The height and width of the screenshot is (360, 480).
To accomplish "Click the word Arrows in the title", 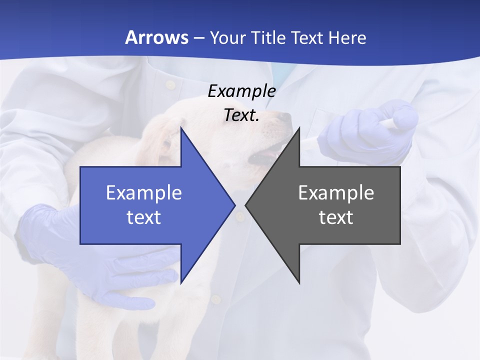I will pos(156,37).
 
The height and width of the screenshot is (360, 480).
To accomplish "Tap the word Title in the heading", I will pos(268,37).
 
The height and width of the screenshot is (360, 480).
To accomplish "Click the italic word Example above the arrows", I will pos(241,91).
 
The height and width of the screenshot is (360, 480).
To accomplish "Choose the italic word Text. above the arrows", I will pos(241,115).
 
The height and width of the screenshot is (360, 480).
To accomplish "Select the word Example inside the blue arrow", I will pos(144,193).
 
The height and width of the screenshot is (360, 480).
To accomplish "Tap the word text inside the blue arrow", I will pos(144,217).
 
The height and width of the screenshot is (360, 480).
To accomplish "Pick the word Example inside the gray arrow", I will pos(336,193).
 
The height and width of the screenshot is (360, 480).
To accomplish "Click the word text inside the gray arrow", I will pos(336,217).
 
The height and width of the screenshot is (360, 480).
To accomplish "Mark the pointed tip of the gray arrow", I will pos(246,205).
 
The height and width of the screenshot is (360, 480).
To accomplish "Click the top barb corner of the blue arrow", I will pos(181,128).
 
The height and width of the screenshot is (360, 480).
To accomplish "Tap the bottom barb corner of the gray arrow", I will pos(299,282).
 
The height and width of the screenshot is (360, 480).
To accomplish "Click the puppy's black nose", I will pos(284,118).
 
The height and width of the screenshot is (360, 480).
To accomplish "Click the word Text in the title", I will pos(307,37).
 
